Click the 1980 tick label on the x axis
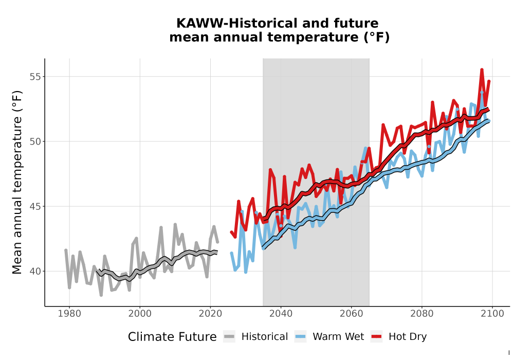click(69, 314)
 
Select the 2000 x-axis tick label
click(140, 314)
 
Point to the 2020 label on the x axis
click(210, 314)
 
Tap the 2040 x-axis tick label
click(281, 314)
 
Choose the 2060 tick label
click(351, 314)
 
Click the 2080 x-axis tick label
click(421, 314)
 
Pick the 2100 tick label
click(492, 314)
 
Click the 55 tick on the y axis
click(35, 77)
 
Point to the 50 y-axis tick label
click(35, 141)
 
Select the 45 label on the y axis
click(35, 207)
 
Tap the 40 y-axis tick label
click(35, 272)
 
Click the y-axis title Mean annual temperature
click(17, 182)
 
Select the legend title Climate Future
click(172, 337)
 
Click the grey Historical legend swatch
click(229, 337)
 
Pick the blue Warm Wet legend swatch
click(300, 337)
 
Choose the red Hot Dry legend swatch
click(376, 337)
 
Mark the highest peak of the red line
click(482, 69)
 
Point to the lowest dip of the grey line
click(101, 295)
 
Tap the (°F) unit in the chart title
click(377, 38)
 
